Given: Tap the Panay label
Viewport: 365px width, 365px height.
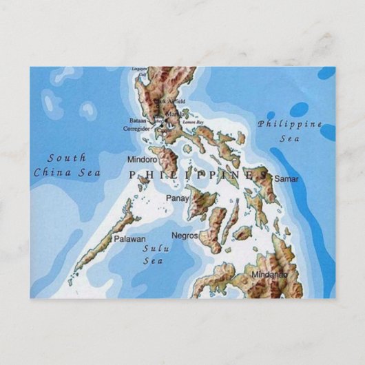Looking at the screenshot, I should coord(178,198).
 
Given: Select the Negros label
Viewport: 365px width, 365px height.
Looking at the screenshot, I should coord(185,235).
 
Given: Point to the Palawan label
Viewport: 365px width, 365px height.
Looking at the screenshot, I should coord(129,239).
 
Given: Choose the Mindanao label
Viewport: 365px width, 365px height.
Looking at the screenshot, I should coord(269,275).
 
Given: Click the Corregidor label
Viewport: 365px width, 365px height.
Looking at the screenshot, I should coord(136,128).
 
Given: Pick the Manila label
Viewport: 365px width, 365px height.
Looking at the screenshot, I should coord(176,114).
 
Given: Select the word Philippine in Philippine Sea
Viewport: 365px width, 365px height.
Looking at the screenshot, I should coord(290,125).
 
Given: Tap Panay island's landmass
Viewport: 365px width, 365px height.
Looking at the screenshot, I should coord(200,203).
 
